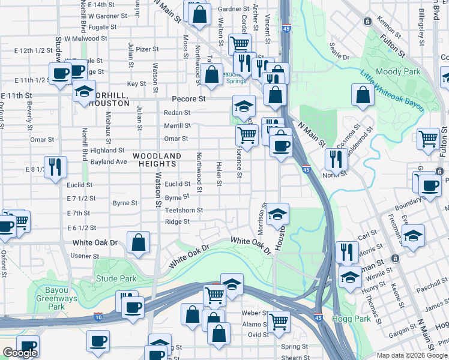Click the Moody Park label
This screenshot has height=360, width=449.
coord(393,72)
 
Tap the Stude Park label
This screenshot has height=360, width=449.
coord(116,278)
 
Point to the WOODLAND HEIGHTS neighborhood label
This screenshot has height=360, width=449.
coord(157,160)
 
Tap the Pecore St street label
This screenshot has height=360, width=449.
coord(188,98)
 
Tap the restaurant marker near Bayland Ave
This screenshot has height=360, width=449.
coord(55,166)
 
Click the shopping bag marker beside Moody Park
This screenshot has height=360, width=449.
coord(363,94)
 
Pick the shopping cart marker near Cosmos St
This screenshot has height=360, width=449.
coord(429,139)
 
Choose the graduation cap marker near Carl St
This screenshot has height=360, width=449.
coord(413,235)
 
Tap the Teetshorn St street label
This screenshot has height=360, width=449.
coord(184,211)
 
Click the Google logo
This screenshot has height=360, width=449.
coord(20,353)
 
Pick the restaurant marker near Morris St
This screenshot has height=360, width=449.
coord(347,251)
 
